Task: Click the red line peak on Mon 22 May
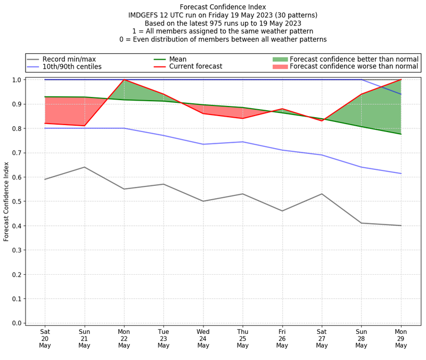coord(124,80)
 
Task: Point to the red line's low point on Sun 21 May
coord(84,126)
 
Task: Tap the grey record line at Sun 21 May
coord(84,167)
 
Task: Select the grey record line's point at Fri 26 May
coord(282,211)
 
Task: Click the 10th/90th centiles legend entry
coord(72,67)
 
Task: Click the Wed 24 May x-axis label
coord(203,338)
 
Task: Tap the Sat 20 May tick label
coord(45,338)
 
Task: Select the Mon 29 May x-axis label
coord(401,338)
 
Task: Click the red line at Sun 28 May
coord(362,94)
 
